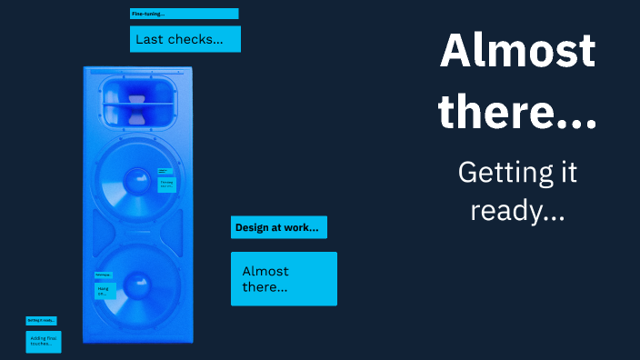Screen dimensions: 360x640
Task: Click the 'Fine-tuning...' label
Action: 184,14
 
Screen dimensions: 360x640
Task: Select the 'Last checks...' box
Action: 185,39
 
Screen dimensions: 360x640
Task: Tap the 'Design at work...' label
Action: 278,227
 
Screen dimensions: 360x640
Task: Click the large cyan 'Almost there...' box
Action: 284,278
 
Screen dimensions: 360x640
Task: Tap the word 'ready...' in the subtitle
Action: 517,210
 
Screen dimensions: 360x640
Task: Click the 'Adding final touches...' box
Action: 44,342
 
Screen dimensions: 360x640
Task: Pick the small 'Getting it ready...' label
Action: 41,320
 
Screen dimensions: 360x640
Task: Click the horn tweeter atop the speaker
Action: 137,101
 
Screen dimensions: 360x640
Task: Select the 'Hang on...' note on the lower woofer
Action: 105,291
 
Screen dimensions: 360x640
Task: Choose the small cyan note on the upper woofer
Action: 166,185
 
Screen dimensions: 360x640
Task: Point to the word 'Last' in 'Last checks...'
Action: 148,39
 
